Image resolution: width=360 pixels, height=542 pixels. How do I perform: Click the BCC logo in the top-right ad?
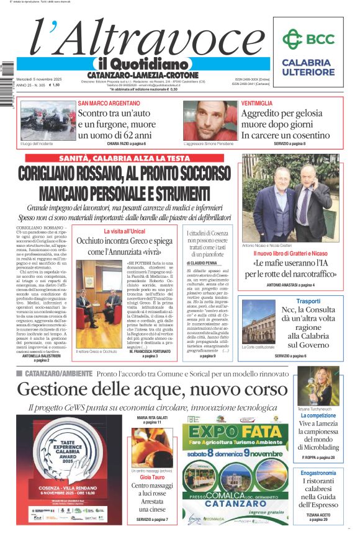[308, 39]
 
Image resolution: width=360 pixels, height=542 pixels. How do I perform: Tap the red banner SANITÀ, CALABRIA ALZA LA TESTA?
[125, 159]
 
